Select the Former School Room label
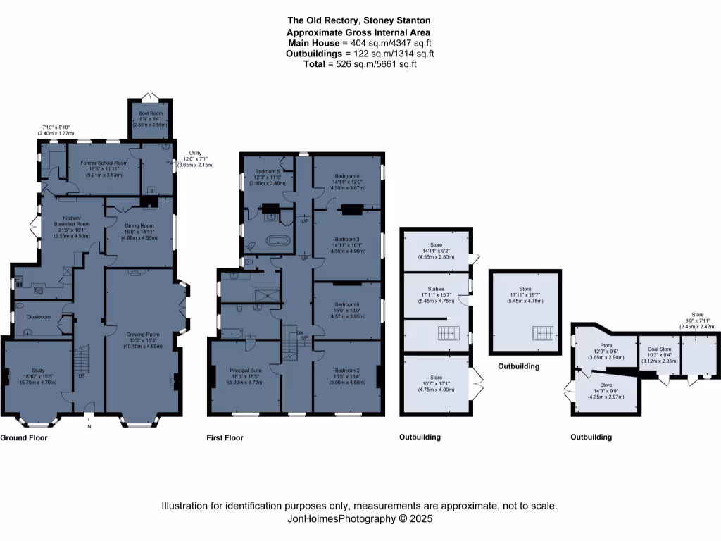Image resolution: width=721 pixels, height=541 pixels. click(x=98, y=163)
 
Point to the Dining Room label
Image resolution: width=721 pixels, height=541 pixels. click(x=141, y=225)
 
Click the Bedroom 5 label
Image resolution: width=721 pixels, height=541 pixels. click(x=268, y=171)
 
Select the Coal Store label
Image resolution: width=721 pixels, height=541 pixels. click(x=659, y=348)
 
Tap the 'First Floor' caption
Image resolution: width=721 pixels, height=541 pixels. click(x=225, y=437)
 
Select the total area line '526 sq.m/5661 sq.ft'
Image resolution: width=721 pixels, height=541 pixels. click(x=360, y=64)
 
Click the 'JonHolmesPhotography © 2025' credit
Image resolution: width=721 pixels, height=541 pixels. click(x=360, y=518)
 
